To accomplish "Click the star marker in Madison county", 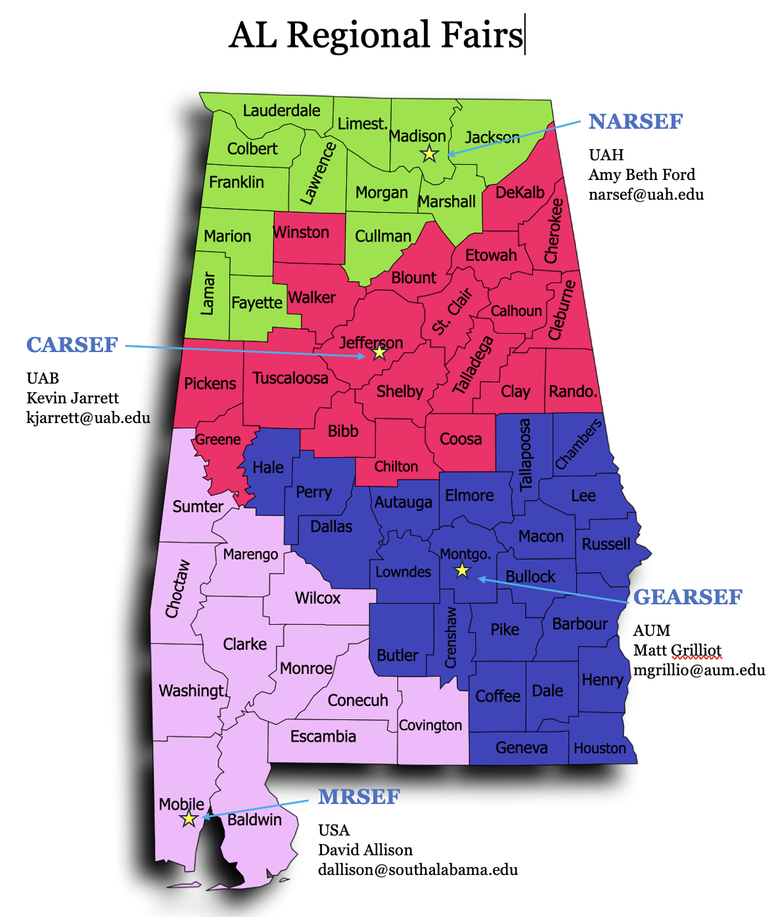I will point(429,154).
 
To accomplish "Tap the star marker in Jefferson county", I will point(379,353).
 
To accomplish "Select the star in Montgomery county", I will point(463,570).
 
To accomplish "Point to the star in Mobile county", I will point(189,818).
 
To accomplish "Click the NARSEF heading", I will point(635,122).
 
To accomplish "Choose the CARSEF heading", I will point(72,345).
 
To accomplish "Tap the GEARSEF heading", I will point(687,597).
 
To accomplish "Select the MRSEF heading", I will point(359,797).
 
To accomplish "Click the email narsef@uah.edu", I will point(646,194).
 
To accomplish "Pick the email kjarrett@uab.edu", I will point(88,418).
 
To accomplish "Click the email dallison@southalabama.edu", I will point(418,870).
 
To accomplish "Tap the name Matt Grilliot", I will point(677,650).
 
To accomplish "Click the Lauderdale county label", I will point(281,110).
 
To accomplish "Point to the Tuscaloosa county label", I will point(290,378).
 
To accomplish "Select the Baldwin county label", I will point(254,819).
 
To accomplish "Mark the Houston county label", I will point(599,748).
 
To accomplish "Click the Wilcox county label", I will point(317,598).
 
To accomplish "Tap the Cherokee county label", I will point(554,231).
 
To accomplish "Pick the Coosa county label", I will point(461,439).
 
